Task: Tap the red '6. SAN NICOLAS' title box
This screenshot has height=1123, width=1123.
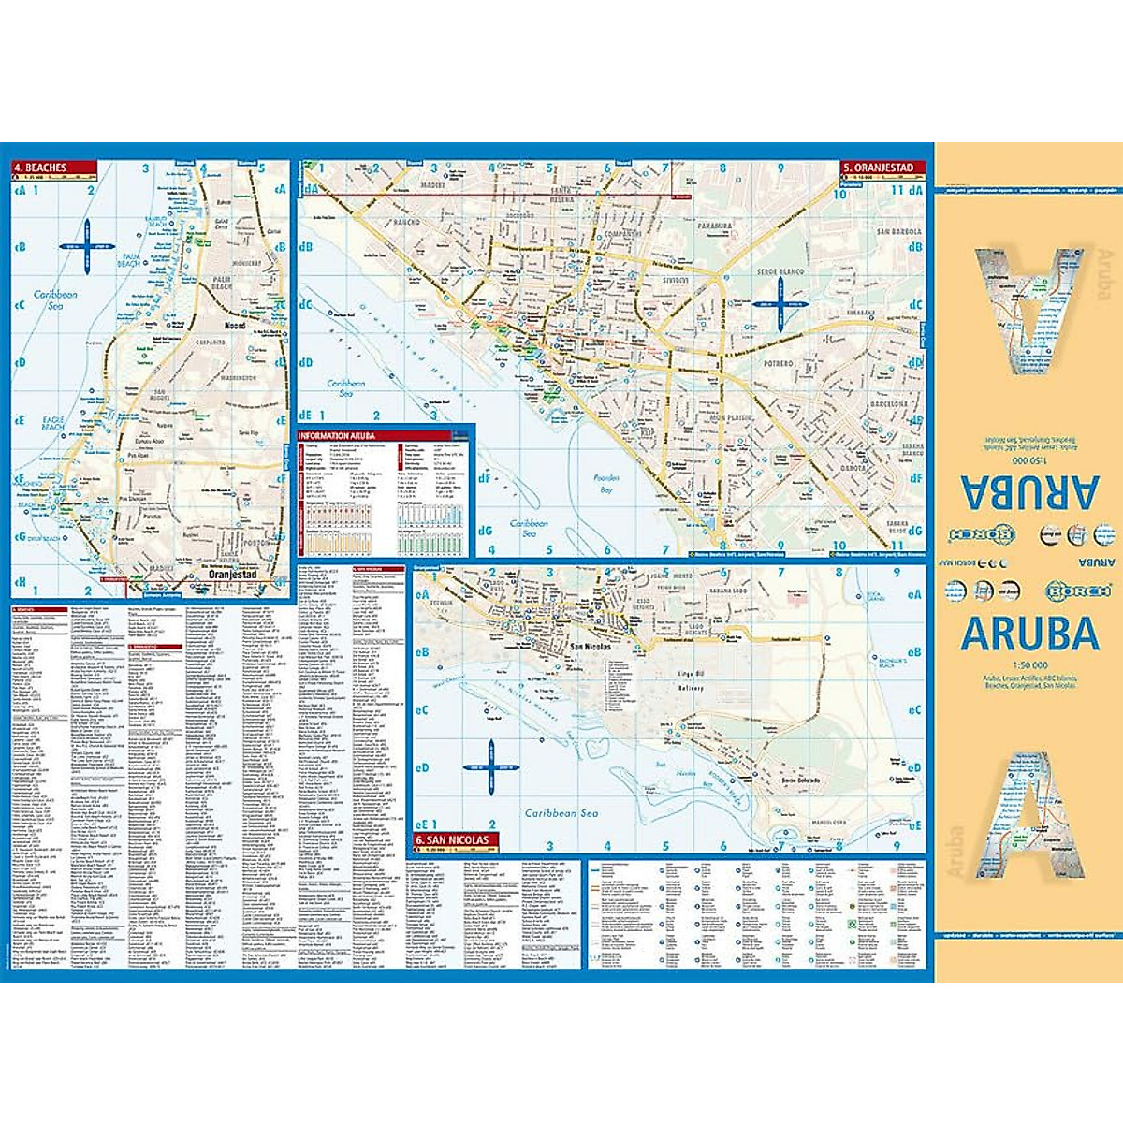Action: click(x=453, y=839)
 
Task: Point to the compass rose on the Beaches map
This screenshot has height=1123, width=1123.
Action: click(x=85, y=246)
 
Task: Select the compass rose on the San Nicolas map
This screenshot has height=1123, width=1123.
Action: click(x=489, y=766)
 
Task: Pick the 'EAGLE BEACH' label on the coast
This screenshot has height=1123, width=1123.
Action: click(x=53, y=423)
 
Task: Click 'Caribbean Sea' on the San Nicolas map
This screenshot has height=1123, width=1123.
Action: click(x=561, y=813)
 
